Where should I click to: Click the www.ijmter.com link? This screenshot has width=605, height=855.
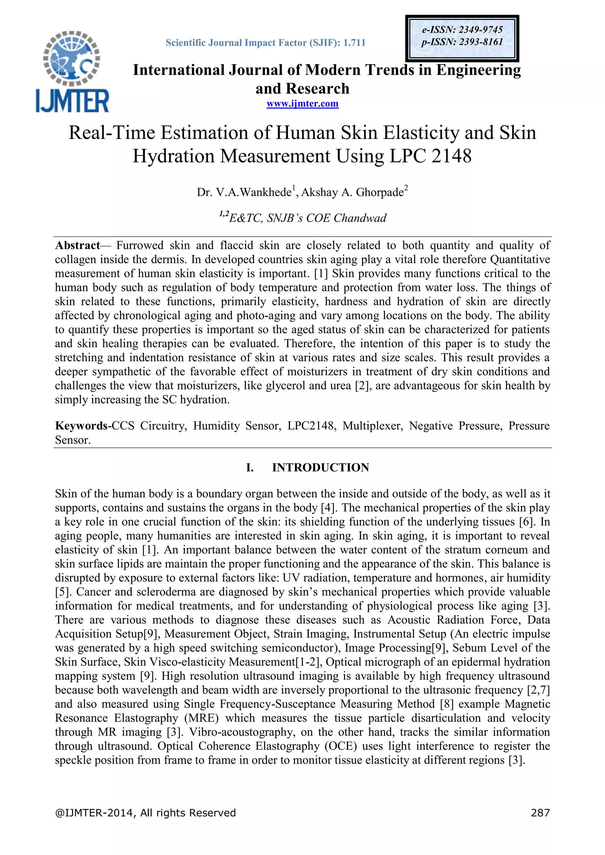click(x=302, y=104)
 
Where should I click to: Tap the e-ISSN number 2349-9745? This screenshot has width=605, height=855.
click(x=481, y=30)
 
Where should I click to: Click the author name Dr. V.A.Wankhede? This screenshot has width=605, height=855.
click(x=244, y=192)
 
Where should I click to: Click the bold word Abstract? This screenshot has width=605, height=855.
click(x=77, y=245)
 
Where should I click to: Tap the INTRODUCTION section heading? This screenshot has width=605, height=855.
click(x=321, y=468)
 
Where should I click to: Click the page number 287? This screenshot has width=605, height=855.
click(x=540, y=812)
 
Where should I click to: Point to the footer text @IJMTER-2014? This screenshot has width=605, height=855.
click(x=95, y=812)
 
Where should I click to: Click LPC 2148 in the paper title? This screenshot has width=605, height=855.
click(x=430, y=156)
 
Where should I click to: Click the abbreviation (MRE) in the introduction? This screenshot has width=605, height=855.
click(x=201, y=718)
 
